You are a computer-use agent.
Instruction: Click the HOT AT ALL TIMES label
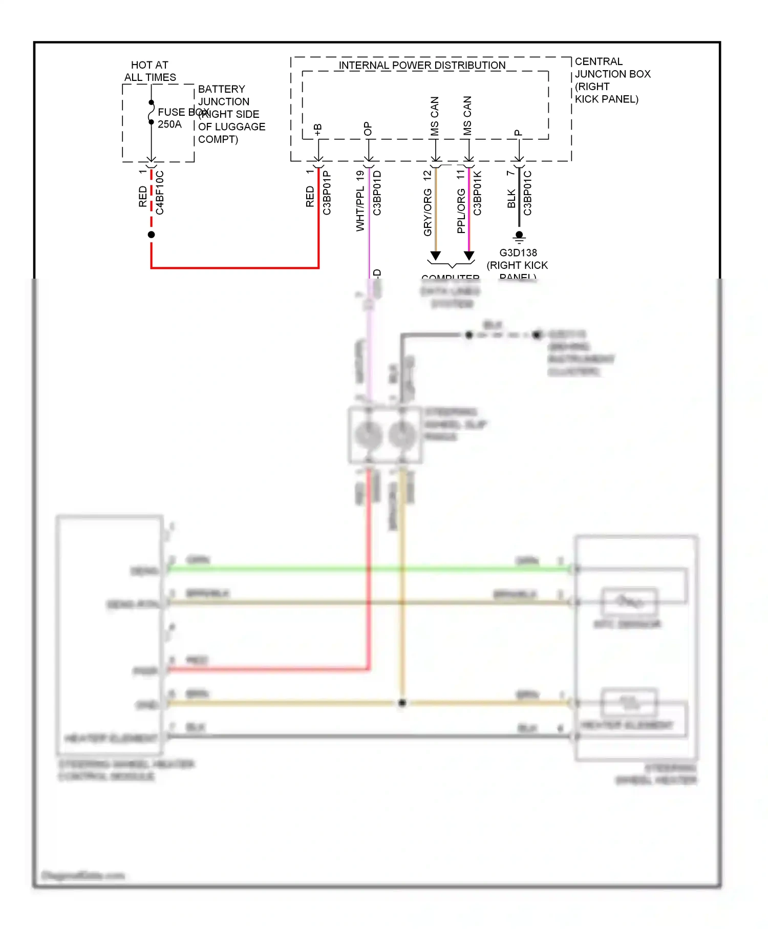[x=150, y=71]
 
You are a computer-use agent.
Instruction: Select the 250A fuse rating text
[x=169, y=124]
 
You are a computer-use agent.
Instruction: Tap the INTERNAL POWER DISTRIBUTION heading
[x=422, y=66]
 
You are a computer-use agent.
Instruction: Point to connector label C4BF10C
[x=160, y=193]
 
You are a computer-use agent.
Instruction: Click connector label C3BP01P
[x=327, y=193]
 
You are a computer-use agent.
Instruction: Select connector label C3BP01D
[x=377, y=193]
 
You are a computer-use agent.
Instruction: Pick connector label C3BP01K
[x=477, y=193]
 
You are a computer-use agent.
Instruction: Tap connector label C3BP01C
[x=527, y=193]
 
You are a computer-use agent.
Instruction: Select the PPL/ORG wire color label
[x=461, y=210]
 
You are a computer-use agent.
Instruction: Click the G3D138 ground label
[x=518, y=253]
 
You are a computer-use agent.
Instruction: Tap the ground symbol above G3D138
[x=519, y=237]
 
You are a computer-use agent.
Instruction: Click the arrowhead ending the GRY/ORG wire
[x=435, y=256]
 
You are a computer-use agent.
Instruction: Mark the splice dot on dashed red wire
[x=151, y=235]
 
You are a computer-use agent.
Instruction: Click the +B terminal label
[x=318, y=130]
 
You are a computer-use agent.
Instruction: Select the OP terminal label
[x=368, y=129]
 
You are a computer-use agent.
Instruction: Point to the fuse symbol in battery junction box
[x=151, y=112]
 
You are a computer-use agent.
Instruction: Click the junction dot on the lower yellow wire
[x=402, y=703]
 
